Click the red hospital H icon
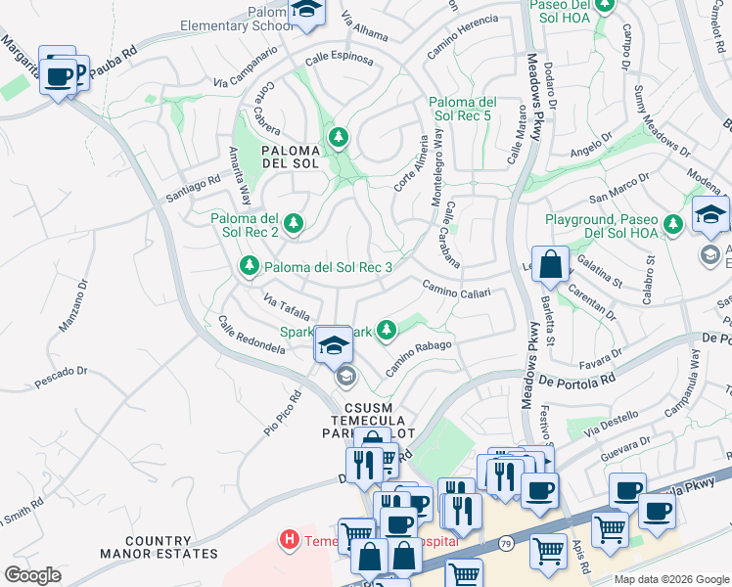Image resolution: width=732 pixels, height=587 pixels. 289,538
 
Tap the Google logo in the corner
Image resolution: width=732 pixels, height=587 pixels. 32,574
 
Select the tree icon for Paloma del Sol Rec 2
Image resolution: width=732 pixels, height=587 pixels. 292,225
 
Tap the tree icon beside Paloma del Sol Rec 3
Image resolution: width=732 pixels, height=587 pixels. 250,266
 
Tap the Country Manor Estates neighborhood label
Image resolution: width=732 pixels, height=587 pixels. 172,547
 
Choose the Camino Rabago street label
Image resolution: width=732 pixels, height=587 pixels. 418,357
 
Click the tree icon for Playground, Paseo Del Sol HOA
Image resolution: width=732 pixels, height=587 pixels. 673,225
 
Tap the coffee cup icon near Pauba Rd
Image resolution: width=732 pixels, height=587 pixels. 59,75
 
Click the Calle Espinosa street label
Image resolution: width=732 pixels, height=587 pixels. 339,60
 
